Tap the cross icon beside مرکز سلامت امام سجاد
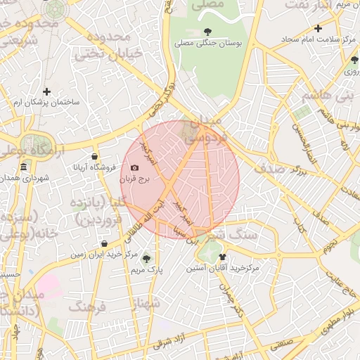pyautogui.click(x=318, y=29)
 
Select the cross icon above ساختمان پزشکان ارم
pyautogui.click(x=46, y=91)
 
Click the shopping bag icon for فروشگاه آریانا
pyautogui.click(x=94, y=156)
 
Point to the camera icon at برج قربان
pyautogui.click(x=134, y=167)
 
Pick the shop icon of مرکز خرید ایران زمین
pyautogui.click(x=104, y=243)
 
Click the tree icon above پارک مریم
pyautogui.click(x=146, y=258)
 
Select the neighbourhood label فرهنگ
pyautogui.click(x=86, y=307)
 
